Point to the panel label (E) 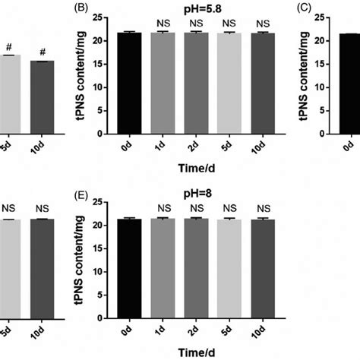pos(99,193)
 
